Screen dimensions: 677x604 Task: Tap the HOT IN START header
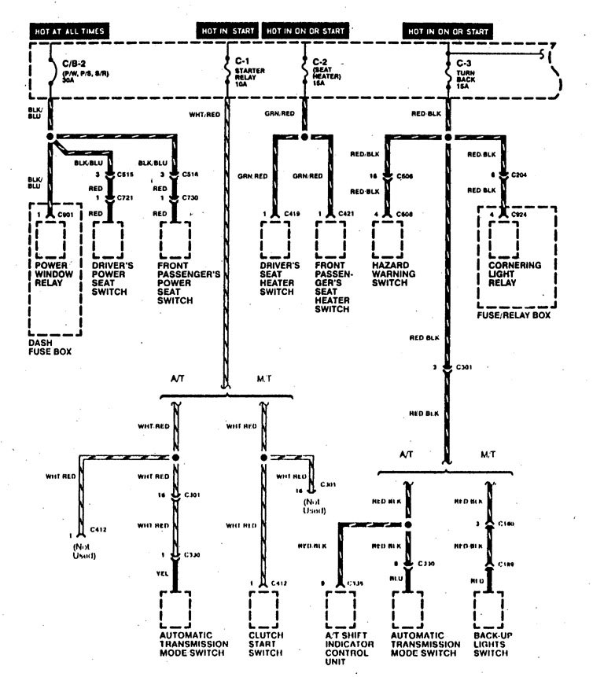228,31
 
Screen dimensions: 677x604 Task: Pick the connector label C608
405,213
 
